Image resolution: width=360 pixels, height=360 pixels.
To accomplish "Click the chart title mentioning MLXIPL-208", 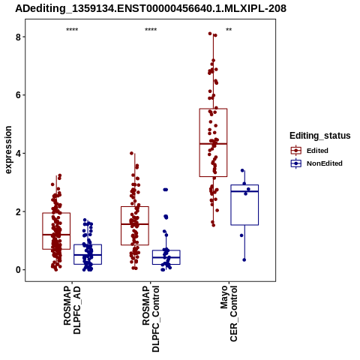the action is click(x=151, y=8).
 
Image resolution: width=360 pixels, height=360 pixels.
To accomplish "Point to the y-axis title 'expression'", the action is click(x=8, y=150).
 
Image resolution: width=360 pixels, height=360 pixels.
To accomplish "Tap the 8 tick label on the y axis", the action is click(x=18, y=37).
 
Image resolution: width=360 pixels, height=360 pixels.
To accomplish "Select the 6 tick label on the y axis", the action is click(x=18, y=95).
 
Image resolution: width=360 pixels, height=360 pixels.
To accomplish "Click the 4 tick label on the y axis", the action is click(x=18, y=154).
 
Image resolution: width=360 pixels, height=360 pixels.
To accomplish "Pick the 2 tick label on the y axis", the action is click(x=18, y=211).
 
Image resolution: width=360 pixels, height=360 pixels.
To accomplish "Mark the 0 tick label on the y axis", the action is click(x=18, y=270).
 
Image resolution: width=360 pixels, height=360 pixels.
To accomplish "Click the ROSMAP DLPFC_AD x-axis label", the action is click(x=72, y=310).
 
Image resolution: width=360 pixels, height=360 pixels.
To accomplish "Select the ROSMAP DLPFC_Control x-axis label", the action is click(x=151, y=319).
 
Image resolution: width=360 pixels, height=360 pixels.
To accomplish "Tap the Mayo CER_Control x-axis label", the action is click(x=229, y=313).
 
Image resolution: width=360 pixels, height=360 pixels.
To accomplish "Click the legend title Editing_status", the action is click(x=320, y=136).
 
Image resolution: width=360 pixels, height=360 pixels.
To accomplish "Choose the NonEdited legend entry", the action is click(x=316, y=163).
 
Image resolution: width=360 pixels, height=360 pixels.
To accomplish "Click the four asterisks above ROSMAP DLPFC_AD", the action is click(x=72, y=30).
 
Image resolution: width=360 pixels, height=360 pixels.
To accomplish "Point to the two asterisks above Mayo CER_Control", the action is click(x=229, y=30).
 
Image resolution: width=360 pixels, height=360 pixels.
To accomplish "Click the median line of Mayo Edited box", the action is click(x=213, y=144).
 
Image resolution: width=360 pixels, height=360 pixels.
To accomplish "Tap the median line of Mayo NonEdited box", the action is click(x=244, y=191).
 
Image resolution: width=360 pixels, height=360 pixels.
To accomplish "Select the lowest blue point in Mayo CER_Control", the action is click(x=244, y=260).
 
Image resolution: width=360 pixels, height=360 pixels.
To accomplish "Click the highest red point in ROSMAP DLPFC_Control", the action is click(x=132, y=153).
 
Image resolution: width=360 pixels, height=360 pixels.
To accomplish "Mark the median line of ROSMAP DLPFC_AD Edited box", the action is click(x=56, y=235).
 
